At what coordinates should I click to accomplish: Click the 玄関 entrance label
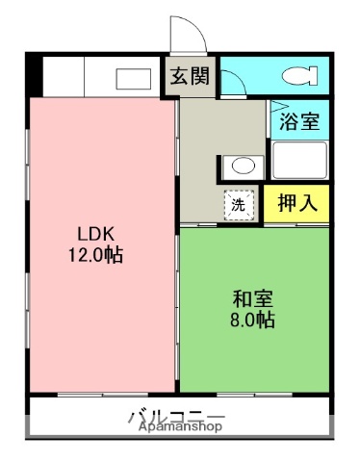click(x=190, y=78)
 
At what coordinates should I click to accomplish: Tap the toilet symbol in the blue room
click(x=298, y=76)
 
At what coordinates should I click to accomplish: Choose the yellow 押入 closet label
click(x=297, y=204)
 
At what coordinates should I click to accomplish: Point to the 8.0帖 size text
click(x=251, y=321)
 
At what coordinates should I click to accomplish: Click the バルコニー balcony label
click(x=174, y=415)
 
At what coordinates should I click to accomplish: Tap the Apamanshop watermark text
click(x=174, y=425)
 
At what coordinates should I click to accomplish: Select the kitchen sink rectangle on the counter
click(x=134, y=78)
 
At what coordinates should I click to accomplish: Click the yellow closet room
click(x=297, y=204)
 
